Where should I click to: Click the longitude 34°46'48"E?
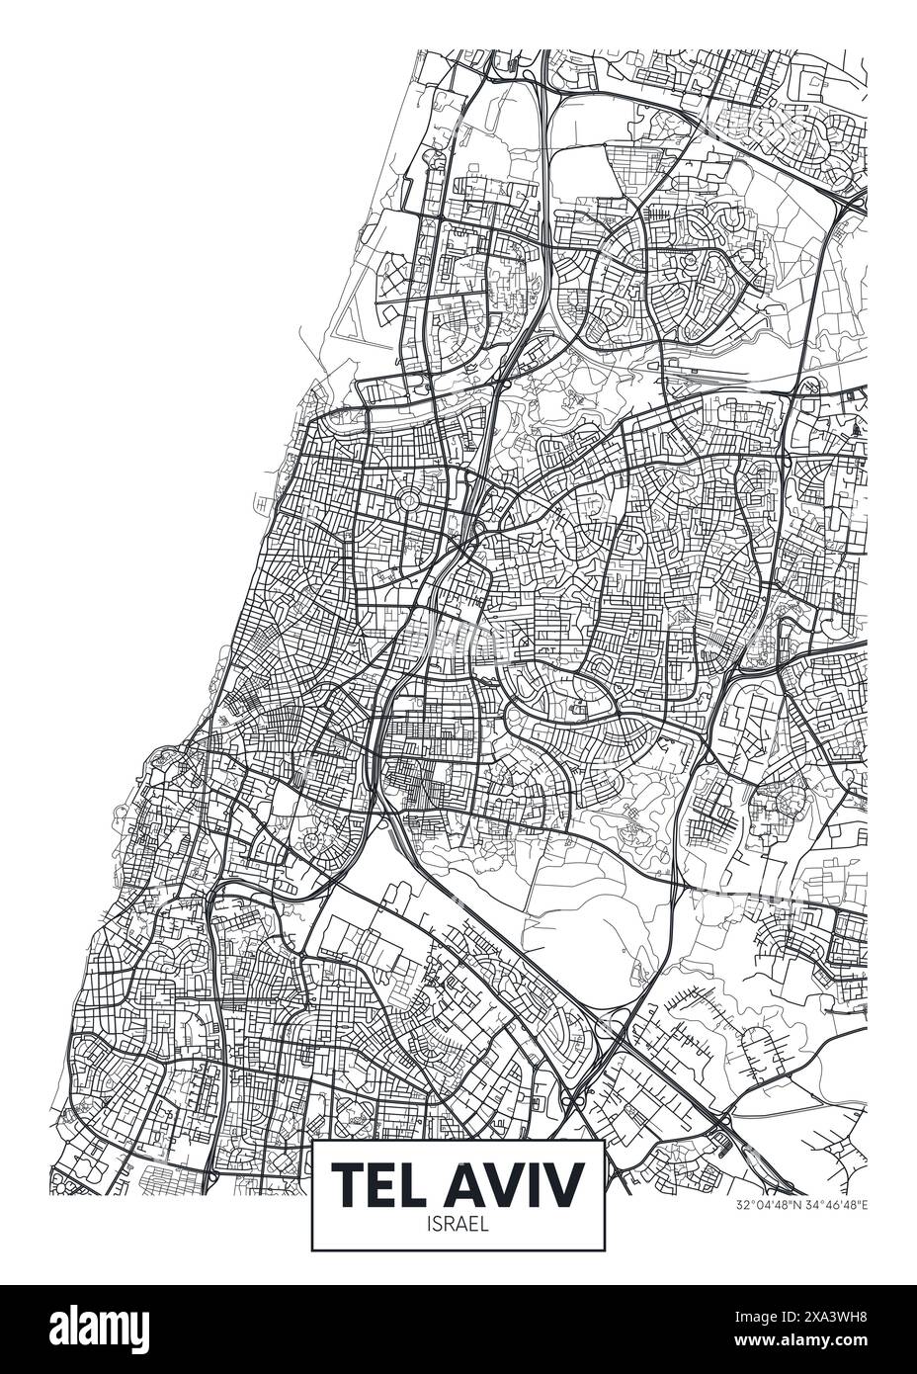pos(835,1205)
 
